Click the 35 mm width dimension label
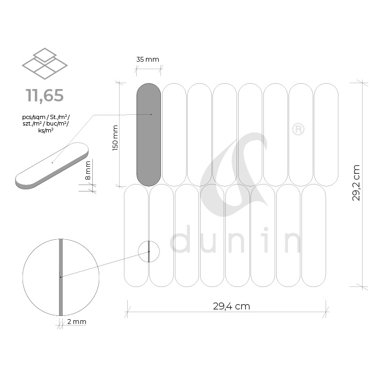148,59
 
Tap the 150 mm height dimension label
115,138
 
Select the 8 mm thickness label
88,170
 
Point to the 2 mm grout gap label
77,322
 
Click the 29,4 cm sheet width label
231,306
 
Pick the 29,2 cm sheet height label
356,183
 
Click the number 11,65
45,95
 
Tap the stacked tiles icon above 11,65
45,63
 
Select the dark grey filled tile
149,135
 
